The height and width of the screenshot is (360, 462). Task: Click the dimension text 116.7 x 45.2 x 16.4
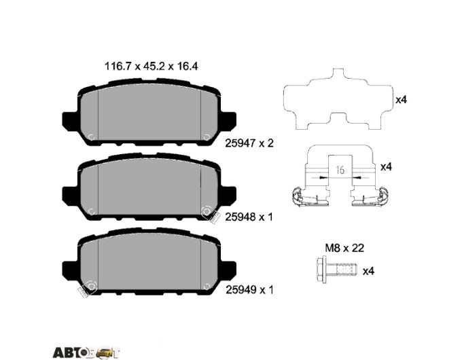(x=151, y=67)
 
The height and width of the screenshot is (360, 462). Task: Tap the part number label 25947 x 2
(x=249, y=143)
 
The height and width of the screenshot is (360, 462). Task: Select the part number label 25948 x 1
(x=249, y=217)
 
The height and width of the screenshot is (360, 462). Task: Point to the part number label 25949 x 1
(x=249, y=290)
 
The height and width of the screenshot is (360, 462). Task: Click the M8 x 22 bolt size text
(x=344, y=248)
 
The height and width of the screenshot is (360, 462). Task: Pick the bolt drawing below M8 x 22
(x=336, y=270)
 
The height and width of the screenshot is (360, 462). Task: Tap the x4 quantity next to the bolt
(x=368, y=271)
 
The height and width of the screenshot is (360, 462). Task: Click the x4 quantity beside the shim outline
(x=401, y=100)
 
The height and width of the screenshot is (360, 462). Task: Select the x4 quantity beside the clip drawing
(x=387, y=167)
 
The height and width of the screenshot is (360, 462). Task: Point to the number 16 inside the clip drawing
(x=340, y=170)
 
